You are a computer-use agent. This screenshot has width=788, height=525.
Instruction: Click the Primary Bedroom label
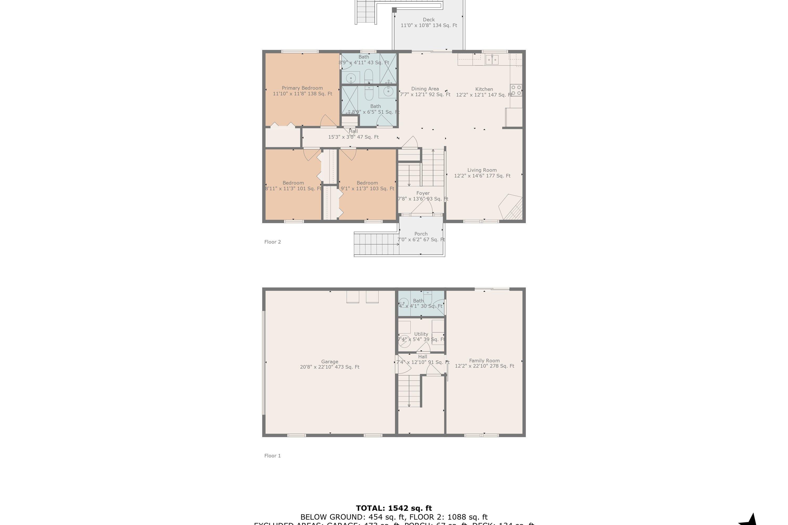[302, 88]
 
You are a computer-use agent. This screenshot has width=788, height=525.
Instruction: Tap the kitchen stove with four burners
[516, 90]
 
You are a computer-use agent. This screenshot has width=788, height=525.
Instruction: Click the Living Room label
[482, 170]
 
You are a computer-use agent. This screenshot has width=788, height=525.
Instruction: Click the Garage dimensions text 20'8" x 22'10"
[329, 367]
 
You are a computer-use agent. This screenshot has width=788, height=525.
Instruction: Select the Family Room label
[484, 361]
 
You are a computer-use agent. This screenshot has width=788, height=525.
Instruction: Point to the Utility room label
[421, 334]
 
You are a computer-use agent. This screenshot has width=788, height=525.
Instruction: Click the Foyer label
[423, 193]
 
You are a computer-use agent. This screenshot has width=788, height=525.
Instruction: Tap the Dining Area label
[425, 89]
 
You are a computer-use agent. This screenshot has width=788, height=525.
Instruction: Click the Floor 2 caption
[272, 242]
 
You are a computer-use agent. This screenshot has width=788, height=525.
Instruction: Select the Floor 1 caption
[272, 456]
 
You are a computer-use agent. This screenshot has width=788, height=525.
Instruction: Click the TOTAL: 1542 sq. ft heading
[394, 508]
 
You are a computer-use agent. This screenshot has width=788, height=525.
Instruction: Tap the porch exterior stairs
[376, 244]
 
